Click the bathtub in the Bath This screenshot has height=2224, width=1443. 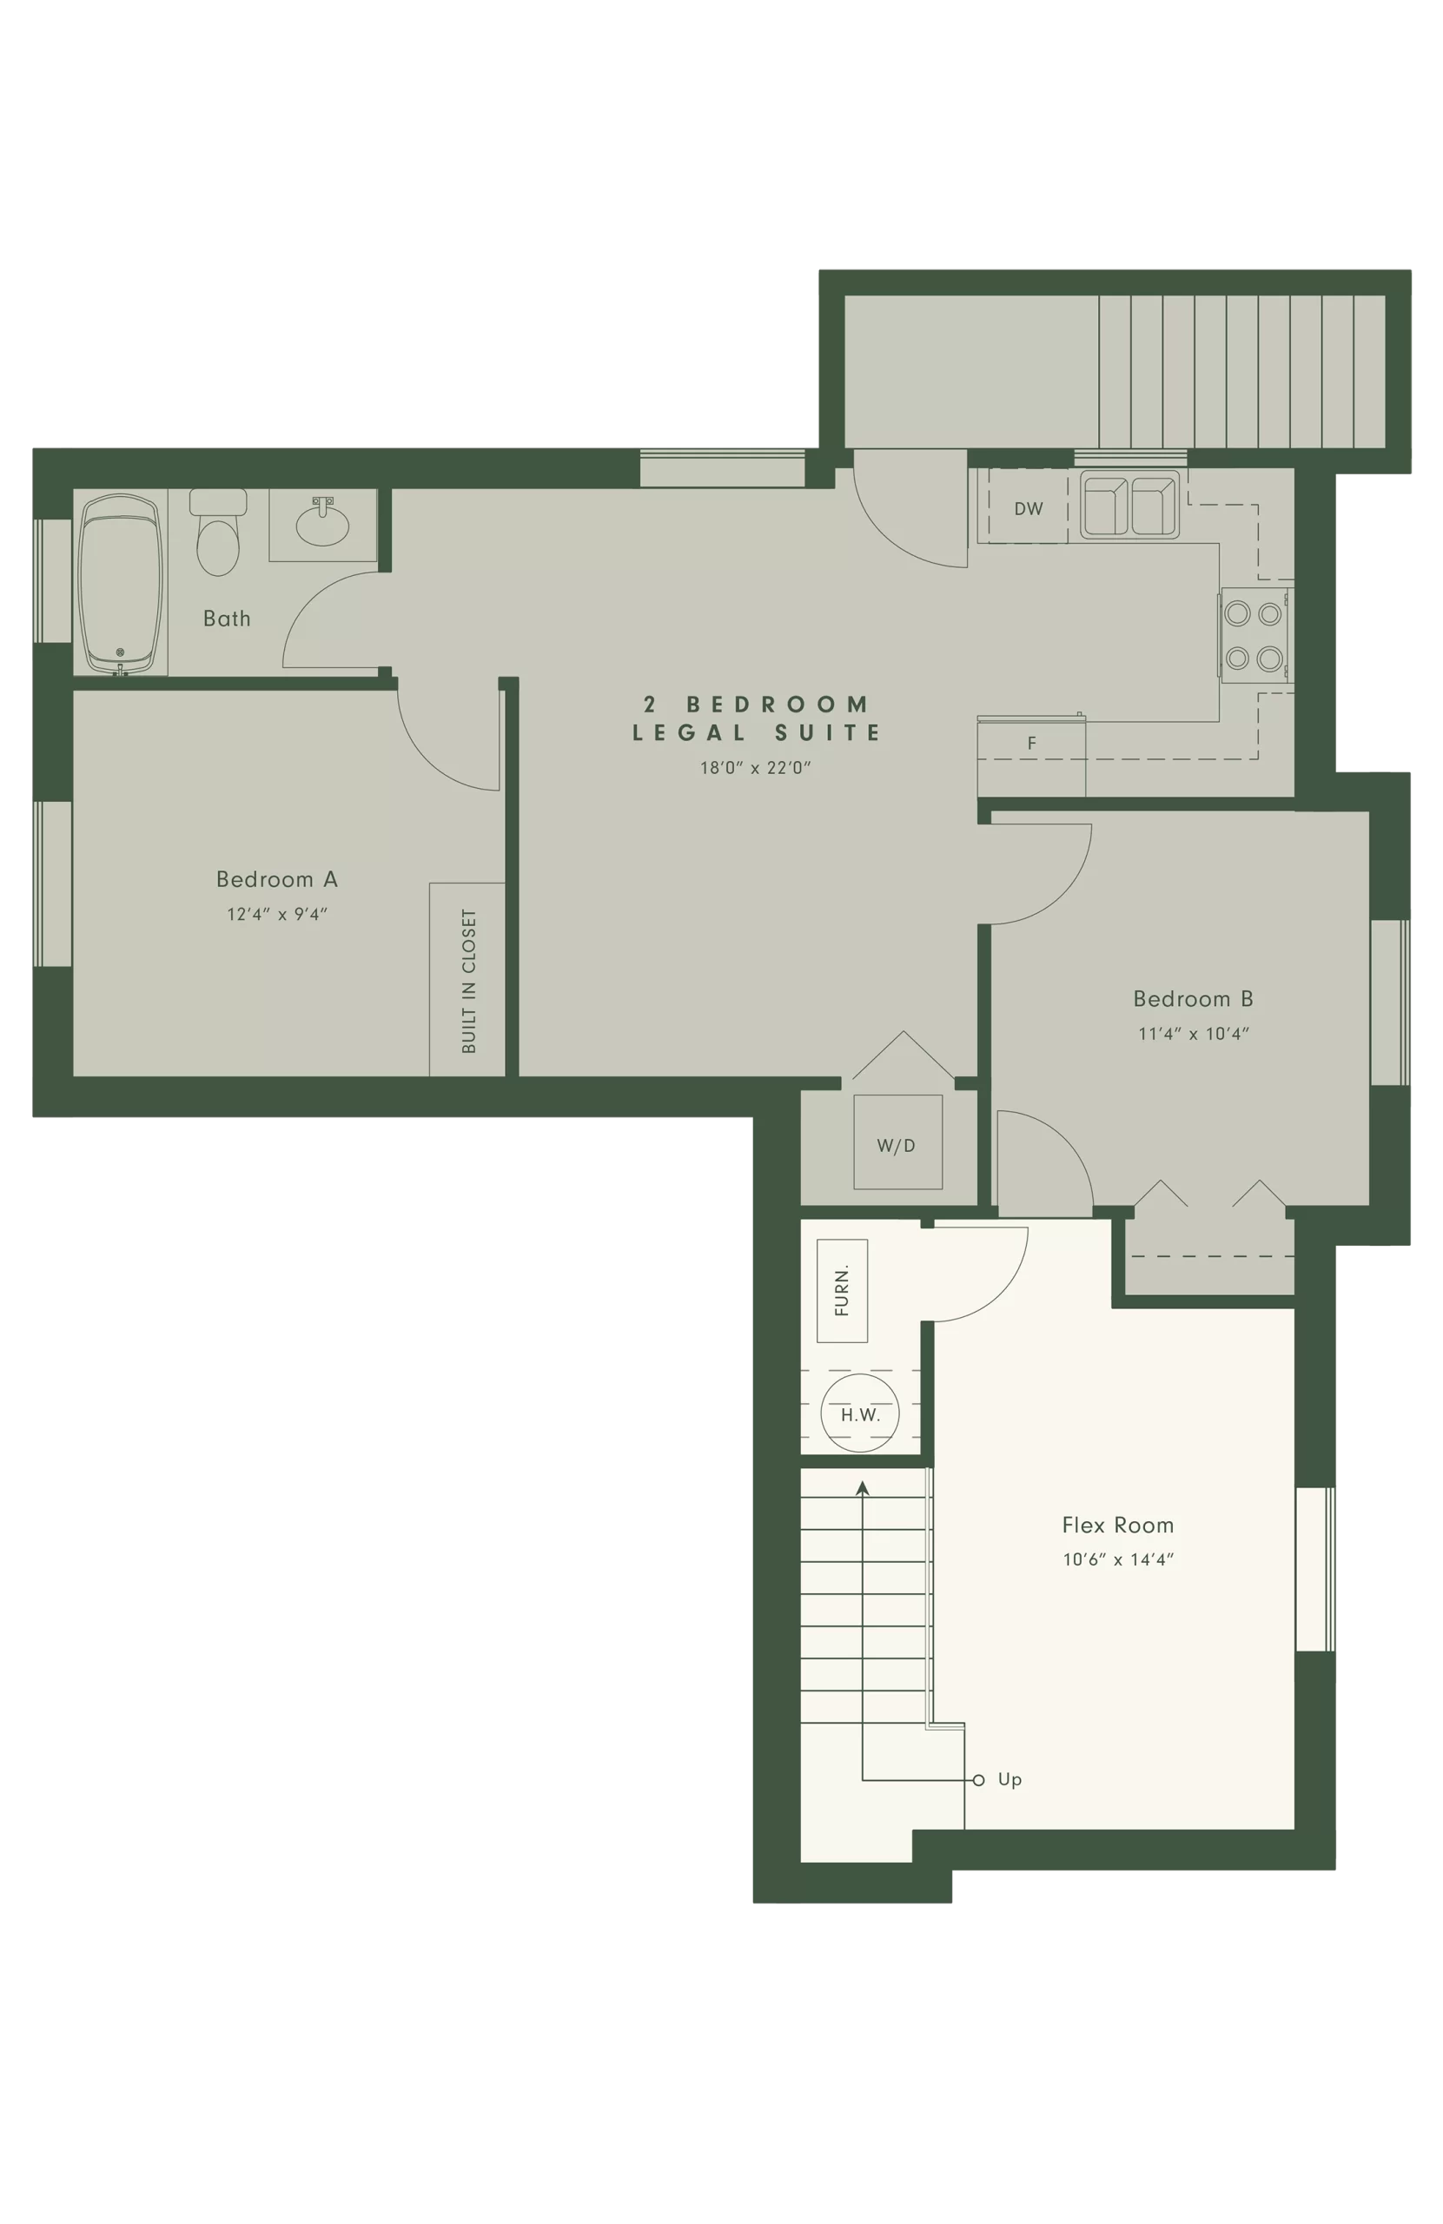pos(120,583)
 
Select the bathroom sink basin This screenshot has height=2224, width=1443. pos(322,526)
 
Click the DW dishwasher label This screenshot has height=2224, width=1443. pos(1028,509)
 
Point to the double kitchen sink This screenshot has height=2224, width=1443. pos(1129,506)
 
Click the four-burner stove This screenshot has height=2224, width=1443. pos(1254,635)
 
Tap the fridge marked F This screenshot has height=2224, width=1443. pos(1031,757)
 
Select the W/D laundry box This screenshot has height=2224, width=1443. pos(897,1142)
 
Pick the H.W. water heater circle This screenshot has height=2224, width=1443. pos(860,1413)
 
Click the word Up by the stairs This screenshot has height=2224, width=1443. pos(1009,1780)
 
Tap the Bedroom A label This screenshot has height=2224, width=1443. pos(276,879)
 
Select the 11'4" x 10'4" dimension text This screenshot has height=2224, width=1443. pos(1194,1034)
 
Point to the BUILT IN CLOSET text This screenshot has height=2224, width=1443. pos(469,981)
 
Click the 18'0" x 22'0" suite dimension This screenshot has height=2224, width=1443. pos(755,768)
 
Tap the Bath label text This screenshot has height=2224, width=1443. pos(227,619)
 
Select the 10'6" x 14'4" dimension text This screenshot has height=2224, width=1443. pos(1118,1559)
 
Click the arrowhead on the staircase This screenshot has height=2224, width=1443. pos(863,1487)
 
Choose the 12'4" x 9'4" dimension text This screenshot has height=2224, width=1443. pos(276,915)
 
